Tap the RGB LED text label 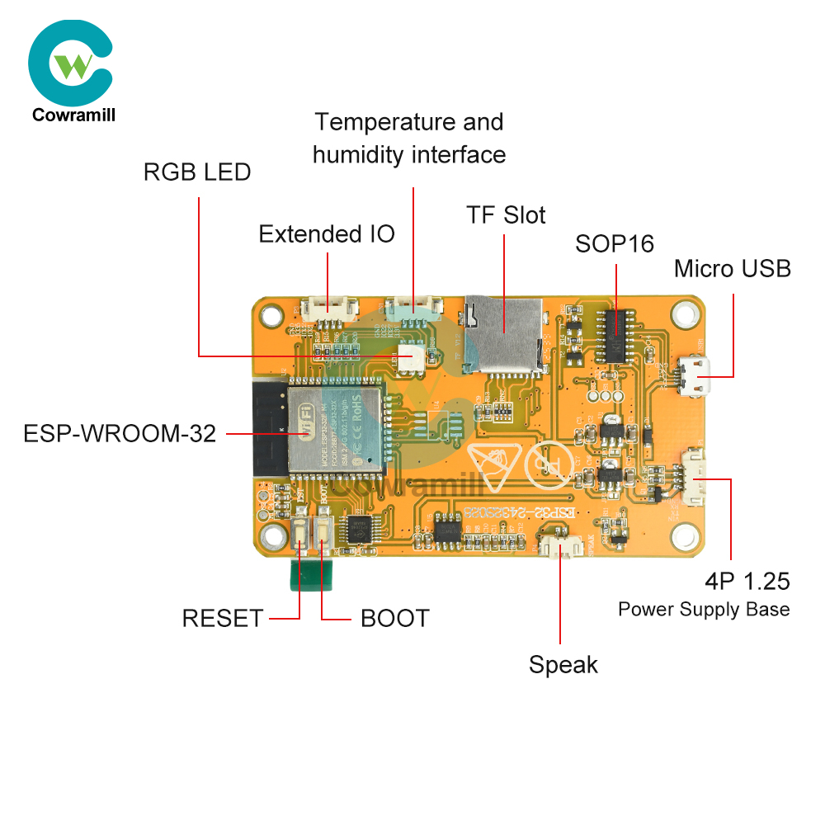[x=197, y=172]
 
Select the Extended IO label [x=327, y=234]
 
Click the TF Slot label [x=506, y=215]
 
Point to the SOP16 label [x=615, y=244]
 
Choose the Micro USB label [x=732, y=269]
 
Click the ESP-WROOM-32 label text [x=120, y=434]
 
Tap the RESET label [x=223, y=618]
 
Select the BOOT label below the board [x=395, y=618]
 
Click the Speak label [x=563, y=664]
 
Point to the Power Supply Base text [x=704, y=610]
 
